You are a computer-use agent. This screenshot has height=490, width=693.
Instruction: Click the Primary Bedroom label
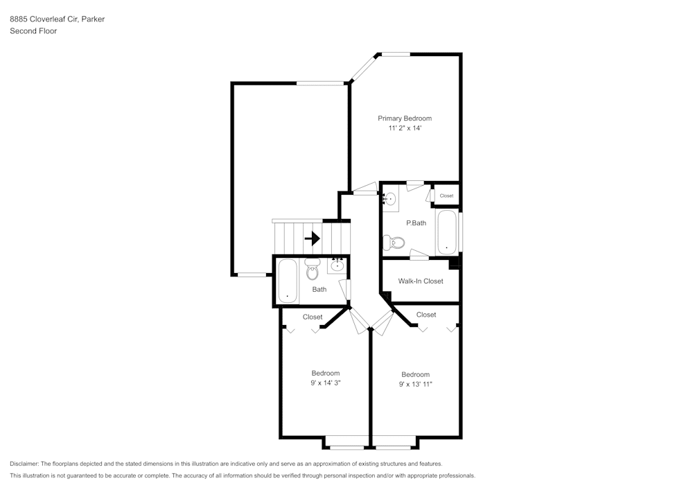(405, 119)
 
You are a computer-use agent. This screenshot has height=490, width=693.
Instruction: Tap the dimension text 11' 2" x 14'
(405, 128)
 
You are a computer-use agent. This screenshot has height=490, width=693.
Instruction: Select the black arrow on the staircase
(312, 238)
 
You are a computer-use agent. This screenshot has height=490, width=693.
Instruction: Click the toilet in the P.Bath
(394, 243)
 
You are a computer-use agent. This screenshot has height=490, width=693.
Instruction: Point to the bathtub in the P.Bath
(446, 233)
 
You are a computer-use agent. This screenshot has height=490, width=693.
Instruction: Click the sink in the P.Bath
(390, 200)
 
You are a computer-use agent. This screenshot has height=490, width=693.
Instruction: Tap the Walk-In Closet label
(421, 281)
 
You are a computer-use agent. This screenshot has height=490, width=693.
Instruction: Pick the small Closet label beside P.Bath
(446, 195)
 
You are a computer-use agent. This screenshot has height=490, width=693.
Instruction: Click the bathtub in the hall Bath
(288, 281)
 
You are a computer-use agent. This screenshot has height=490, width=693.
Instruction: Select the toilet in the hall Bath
(313, 268)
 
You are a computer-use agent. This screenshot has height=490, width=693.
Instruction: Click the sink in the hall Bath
(337, 265)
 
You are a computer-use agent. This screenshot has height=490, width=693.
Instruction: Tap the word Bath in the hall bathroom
(319, 290)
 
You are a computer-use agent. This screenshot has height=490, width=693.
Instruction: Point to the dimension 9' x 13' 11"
(416, 384)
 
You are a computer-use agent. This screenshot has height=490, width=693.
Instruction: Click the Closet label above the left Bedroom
(313, 317)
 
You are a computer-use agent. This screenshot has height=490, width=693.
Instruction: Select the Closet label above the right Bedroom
(426, 315)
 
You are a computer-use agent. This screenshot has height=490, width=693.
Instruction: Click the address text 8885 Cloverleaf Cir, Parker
(57, 19)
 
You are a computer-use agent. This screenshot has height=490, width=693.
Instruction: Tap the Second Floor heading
(33, 31)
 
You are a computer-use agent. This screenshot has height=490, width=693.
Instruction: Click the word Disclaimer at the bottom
(25, 464)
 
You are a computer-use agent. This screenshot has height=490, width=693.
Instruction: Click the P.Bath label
(416, 223)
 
